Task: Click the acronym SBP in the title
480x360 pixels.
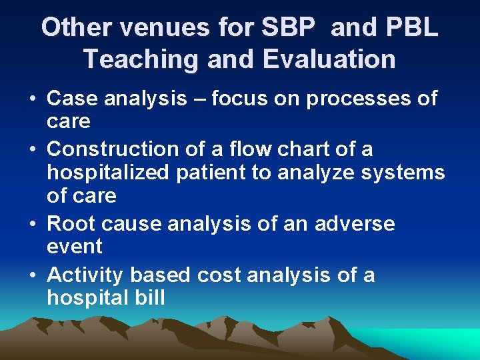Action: pos(287,27)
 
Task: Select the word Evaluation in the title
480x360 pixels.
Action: pos(329,59)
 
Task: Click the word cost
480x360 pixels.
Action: pos(219,274)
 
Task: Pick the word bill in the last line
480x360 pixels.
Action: pos(150,297)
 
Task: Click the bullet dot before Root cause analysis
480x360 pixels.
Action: pos(33,223)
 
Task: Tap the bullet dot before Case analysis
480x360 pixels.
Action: pos(33,99)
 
